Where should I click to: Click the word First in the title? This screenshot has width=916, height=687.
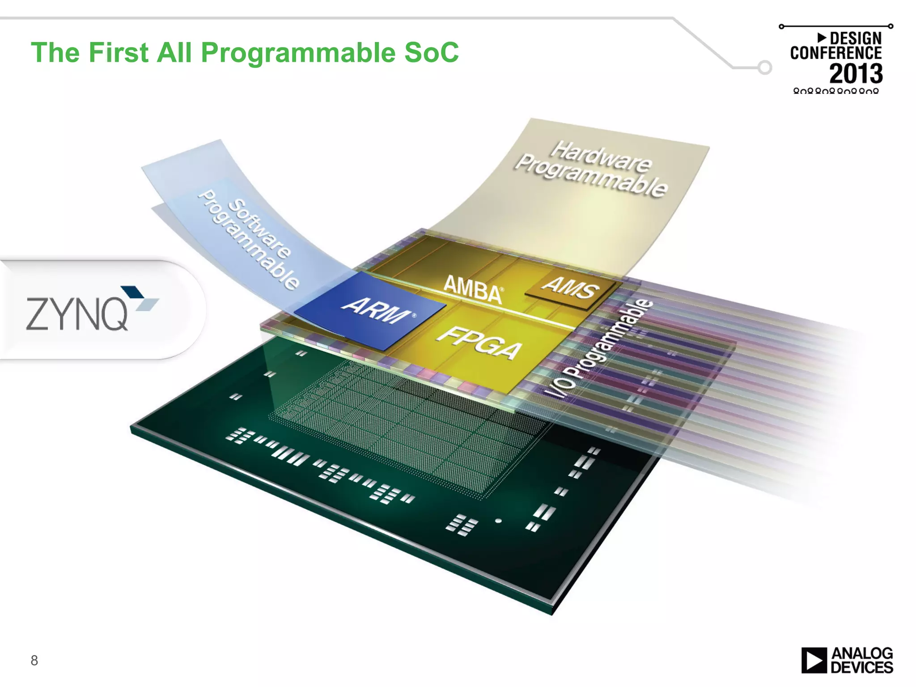pos(118,52)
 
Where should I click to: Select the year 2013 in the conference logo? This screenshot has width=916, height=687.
pos(856,74)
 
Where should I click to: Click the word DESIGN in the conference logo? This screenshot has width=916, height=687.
pos(855,38)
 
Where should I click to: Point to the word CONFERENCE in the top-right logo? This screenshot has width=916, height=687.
pos(835,53)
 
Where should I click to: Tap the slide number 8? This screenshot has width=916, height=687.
pos(34,660)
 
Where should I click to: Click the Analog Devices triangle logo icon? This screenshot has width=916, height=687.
pos(814,660)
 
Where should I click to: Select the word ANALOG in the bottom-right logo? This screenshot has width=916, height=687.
pos(862,653)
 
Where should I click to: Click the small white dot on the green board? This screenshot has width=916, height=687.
pos(498,521)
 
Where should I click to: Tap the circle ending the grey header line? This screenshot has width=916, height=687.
pos(765,68)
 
